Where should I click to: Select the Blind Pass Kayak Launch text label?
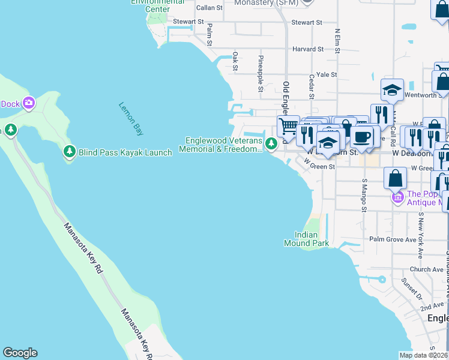[x=125, y=152]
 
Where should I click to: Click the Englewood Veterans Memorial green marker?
[x=271, y=143]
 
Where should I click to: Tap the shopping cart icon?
[x=288, y=126]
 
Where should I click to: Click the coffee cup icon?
[x=362, y=136]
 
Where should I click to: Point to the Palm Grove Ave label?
[x=393, y=239]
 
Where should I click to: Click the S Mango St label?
[x=364, y=195]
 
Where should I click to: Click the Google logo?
[x=20, y=353]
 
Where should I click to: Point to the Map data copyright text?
[x=423, y=356]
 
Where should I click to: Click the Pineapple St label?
[x=261, y=73]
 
